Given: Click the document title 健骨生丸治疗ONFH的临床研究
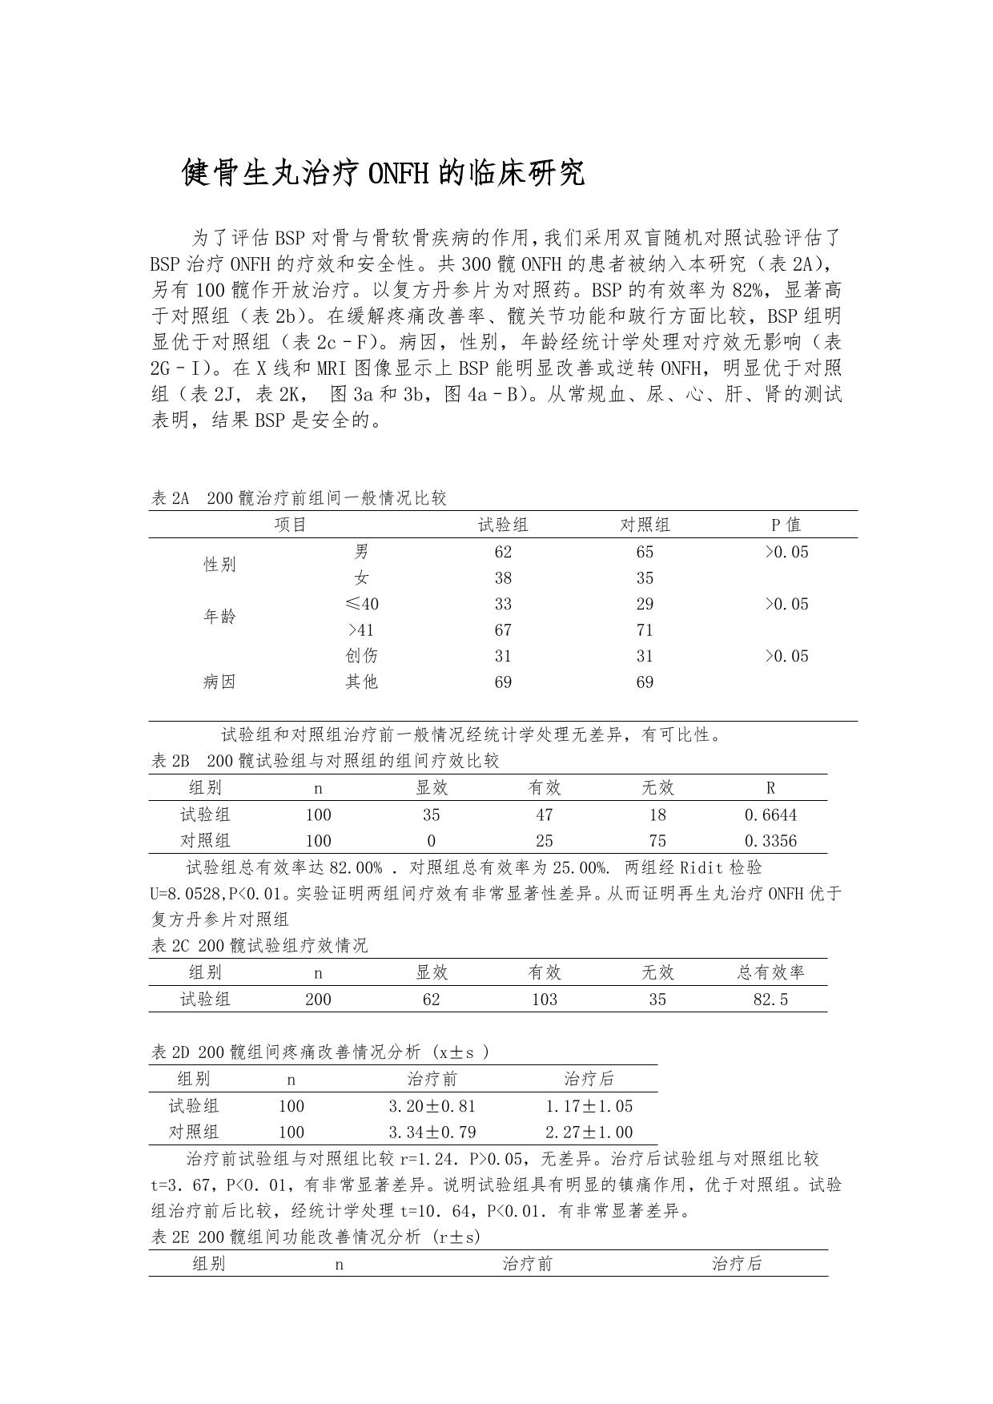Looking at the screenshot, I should (x=384, y=173).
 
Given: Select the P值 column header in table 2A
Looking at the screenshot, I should (x=786, y=525).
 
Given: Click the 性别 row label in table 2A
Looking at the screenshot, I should (x=219, y=565).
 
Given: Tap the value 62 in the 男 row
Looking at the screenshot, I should (x=503, y=552).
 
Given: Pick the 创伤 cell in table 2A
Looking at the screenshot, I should (x=361, y=656).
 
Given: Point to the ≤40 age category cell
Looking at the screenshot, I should (x=361, y=604).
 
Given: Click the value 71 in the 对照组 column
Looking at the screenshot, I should (x=645, y=630).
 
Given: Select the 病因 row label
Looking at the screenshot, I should (x=219, y=682).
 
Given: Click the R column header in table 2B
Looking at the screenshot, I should (x=770, y=788).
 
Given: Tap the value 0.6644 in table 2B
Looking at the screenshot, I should (x=770, y=815).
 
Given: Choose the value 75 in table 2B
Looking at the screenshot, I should (x=657, y=841).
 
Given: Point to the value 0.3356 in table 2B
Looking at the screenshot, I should (x=770, y=841).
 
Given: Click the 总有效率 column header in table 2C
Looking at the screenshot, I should (x=770, y=973).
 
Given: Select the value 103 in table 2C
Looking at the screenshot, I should (x=545, y=1000).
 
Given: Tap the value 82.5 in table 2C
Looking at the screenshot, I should (x=770, y=1000).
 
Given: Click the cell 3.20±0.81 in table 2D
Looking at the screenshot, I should (x=432, y=1107).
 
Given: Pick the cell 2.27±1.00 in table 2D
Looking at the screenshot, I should (x=589, y=1132).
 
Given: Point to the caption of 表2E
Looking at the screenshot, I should (x=316, y=1237).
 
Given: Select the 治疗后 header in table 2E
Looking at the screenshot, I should (x=737, y=1265).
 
